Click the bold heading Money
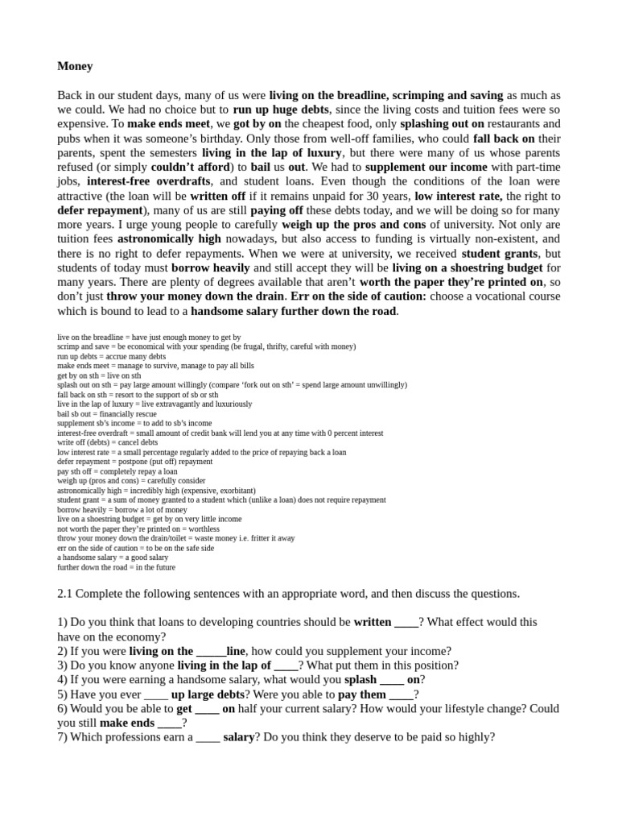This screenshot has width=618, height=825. (x=75, y=66)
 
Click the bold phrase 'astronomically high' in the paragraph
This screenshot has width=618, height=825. (x=169, y=239)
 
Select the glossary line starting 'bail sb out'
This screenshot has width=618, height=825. (x=107, y=413)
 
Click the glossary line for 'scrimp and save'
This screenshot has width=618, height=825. (x=206, y=346)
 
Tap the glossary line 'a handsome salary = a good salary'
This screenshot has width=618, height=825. (x=113, y=558)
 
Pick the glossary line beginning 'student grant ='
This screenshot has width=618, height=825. (x=221, y=500)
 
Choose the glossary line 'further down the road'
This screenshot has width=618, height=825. (x=116, y=567)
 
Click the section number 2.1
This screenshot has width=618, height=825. (x=66, y=594)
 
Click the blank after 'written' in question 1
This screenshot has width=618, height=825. (x=406, y=623)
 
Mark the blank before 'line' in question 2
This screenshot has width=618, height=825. (x=212, y=651)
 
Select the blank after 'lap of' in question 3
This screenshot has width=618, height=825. (x=286, y=665)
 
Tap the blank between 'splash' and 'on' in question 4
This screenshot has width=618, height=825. (x=392, y=680)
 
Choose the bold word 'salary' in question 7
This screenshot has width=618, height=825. (x=239, y=737)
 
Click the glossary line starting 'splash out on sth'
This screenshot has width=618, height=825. (x=232, y=385)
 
